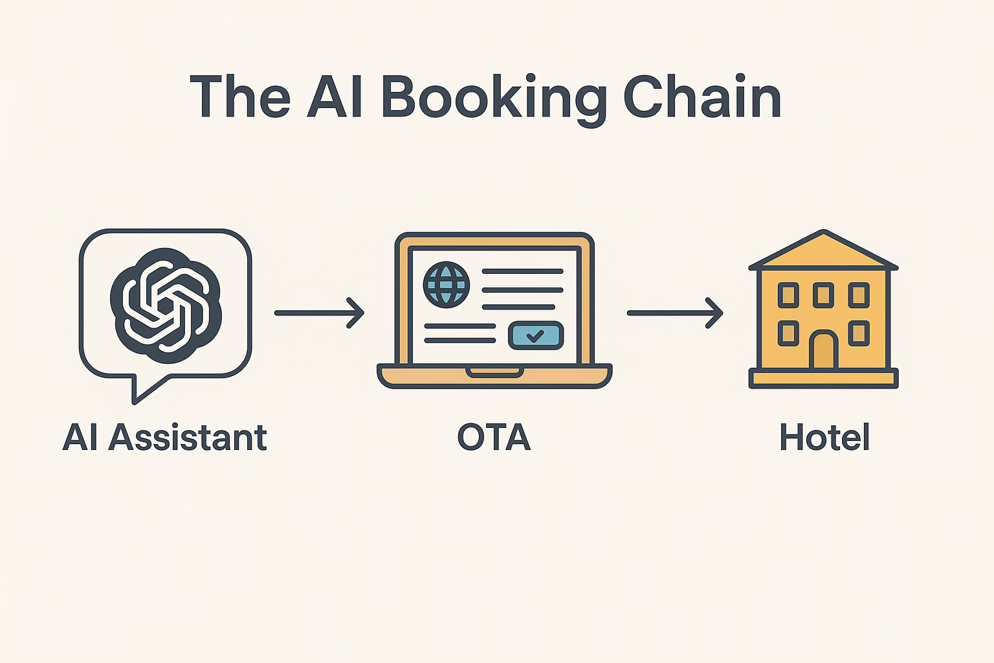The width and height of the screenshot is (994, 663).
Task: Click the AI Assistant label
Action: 164,438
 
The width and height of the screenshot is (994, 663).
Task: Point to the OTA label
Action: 494,438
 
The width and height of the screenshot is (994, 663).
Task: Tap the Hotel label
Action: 824,438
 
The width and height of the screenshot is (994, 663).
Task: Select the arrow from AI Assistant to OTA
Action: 319,313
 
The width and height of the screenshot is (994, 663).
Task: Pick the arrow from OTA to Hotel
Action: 674,313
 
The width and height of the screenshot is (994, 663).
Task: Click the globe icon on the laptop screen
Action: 445,284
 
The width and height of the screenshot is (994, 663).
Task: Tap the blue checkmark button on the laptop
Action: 536,335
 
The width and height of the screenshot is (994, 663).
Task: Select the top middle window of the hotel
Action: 823,295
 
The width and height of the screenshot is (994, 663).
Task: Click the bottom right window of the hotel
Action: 859,333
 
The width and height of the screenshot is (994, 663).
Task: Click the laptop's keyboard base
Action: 494,376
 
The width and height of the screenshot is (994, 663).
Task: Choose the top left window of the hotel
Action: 788,295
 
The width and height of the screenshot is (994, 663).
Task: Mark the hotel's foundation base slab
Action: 823,378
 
